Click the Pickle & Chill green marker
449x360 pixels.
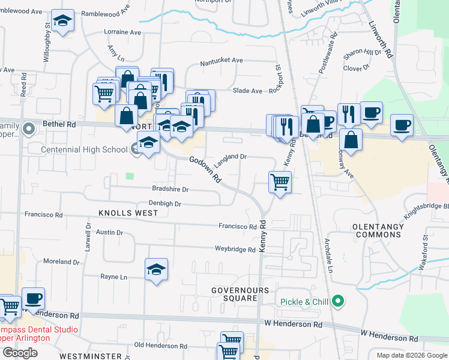339,301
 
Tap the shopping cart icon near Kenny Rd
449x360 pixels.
280,181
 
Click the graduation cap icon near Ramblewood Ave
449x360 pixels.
62,21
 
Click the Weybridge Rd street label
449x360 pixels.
235,249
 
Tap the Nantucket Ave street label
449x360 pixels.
221,61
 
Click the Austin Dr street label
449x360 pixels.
109,232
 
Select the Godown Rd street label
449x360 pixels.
205,170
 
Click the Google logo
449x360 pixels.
20,353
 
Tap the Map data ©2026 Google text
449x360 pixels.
411,355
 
